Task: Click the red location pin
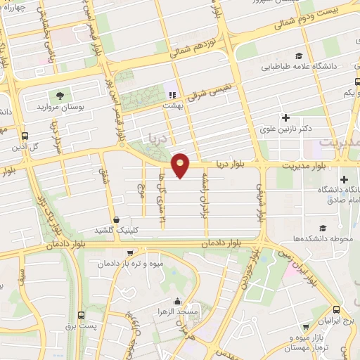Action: (181, 165)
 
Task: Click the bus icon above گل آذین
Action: (25, 135)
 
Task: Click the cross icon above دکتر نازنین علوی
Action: (285, 117)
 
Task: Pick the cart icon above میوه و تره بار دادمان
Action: (129, 254)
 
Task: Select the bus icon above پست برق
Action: (81, 316)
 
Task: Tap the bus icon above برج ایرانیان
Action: (337, 310)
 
